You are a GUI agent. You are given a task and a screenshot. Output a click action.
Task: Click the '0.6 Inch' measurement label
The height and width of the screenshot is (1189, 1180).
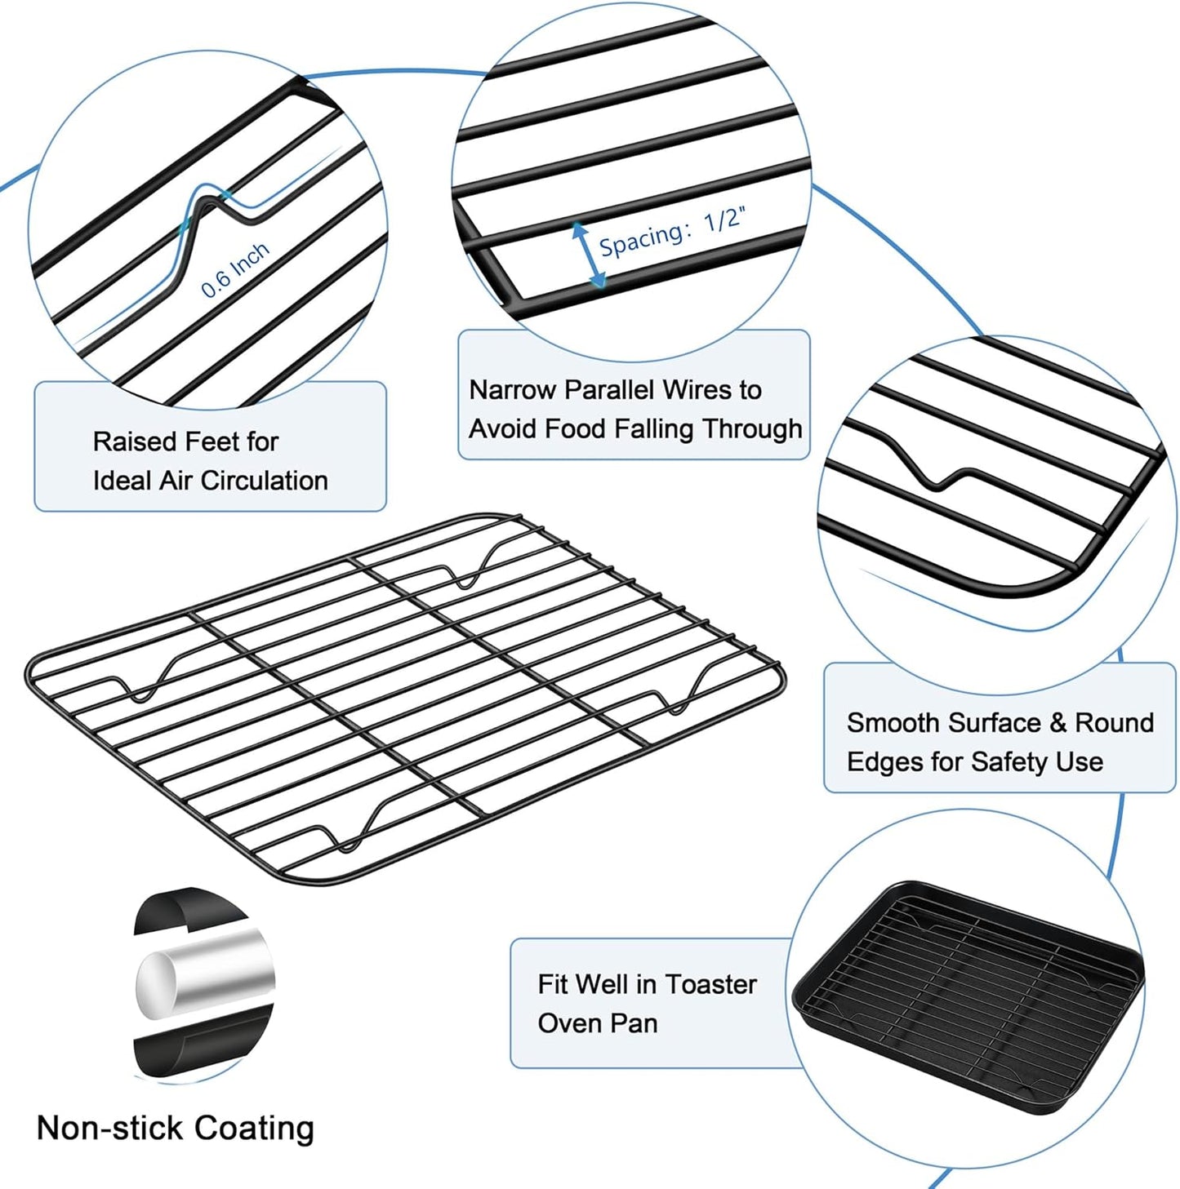(x=235, y=270)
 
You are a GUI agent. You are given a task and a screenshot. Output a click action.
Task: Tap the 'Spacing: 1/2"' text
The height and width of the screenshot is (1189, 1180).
(x=671, y=232)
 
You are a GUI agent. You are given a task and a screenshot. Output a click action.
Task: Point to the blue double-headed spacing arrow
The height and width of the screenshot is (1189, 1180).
(x=589, y=255)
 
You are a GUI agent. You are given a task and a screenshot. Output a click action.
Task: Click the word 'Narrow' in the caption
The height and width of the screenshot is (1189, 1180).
(x=512, y=390)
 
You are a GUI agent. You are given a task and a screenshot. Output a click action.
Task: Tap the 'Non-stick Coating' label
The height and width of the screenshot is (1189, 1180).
(x=176, y=1128)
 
